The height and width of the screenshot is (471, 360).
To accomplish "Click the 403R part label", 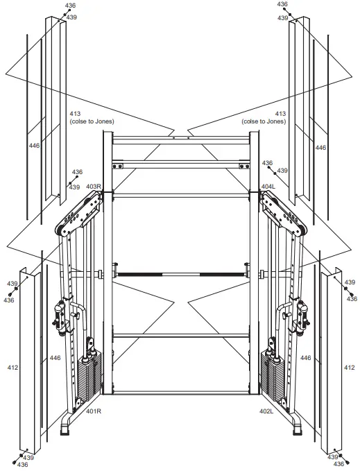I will (x=94, y=187).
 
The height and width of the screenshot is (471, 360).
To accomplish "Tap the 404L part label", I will (x=268, y=187).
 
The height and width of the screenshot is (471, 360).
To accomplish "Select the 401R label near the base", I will (x=94, y=411).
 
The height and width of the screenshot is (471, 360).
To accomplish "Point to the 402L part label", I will (x=266, y=411).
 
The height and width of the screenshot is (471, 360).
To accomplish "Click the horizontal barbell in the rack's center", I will (x=180, y=275).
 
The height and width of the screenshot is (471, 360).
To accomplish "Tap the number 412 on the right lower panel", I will (x=349, y=366).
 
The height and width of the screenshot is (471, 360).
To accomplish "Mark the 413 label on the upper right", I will (x=281, y=114).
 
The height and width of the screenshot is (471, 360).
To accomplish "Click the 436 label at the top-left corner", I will (x=70, y=5).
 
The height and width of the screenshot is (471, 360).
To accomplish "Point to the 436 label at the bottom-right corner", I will (x=333, y=465).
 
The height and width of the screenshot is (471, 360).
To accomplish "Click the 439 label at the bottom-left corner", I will (x=28, y=458).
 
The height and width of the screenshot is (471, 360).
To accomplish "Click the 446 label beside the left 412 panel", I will (x=54, y=358).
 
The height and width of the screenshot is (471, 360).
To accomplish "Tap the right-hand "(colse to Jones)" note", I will (x=266, y=121).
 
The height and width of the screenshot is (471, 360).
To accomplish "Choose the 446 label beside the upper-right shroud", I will (x=320, y=148).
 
